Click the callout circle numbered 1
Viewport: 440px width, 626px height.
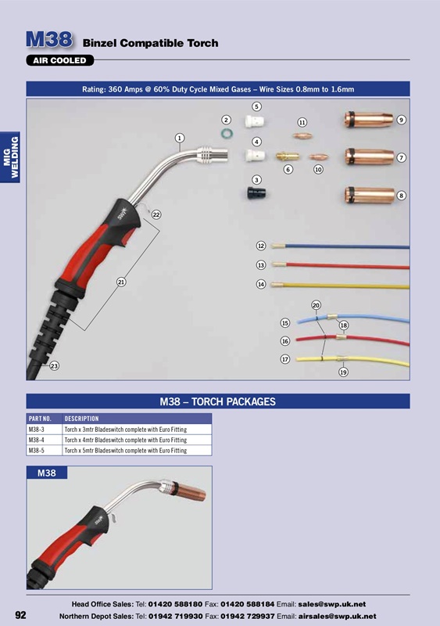179,138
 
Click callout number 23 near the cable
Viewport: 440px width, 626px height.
54,366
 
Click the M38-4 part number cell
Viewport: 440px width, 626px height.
37,440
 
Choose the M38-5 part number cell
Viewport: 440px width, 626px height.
37,451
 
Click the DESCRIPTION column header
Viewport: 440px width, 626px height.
81,419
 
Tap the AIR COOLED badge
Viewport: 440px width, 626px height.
61,60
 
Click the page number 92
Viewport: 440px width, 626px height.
20,614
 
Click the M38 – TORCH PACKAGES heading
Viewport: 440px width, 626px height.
218,401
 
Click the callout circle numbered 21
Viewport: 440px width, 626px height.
122,282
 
